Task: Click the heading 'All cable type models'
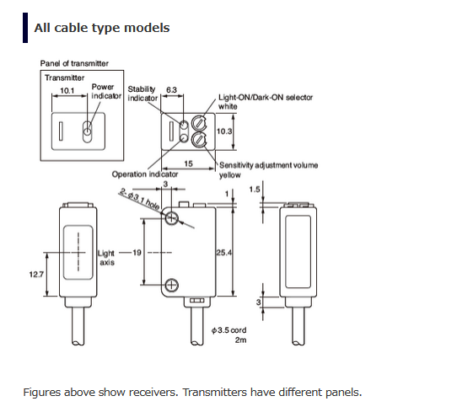coord(102,28)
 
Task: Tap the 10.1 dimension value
coord(67,90)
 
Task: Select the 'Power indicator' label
coord(106,91)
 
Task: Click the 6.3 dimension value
coord(171,89)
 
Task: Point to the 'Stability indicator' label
coord(142,94)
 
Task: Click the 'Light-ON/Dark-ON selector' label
coord(266,97)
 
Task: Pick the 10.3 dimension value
coord(224,131)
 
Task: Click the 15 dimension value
coord(188,163)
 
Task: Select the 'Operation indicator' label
coord(145,174)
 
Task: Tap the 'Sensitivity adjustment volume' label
coord(268,165)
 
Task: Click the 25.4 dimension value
coord(224,253)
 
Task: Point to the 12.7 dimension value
coord(36,275)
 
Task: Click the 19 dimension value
coord(137,253)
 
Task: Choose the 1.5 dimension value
coord(255,190)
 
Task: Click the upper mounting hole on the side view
coord(172,218)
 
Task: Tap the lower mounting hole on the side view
coord(172,286)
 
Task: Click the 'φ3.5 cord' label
coord(229,330)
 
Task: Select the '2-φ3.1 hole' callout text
coord(139,199)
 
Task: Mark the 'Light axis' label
coord(106,258)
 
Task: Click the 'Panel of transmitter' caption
coord(74,63)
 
